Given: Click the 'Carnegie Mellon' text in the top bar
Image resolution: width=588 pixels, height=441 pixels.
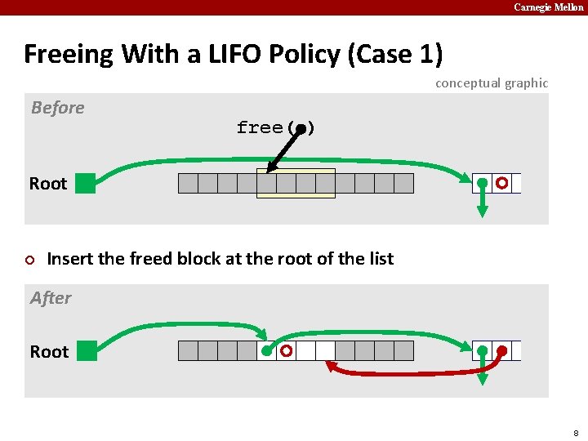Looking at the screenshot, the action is [x=548, y=7].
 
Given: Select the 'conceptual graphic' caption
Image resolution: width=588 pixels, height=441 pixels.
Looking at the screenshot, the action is [x=492, y=83].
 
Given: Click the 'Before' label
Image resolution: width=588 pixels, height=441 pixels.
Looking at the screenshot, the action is [x=57, y=108].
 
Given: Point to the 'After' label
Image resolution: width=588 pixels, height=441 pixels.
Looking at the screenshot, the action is [x=51, y=298].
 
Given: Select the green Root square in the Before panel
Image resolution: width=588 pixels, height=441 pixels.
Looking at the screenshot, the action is [x=85, y=183].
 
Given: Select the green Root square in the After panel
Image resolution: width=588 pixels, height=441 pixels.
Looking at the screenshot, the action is [x=85, y=352].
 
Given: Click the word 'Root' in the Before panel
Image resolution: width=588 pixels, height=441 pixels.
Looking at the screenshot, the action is [x=48, y=184].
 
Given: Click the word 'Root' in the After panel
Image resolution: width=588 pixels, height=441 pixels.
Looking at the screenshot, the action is [x=49, y=352].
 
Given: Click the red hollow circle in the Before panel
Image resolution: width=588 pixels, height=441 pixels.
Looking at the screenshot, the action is [x=502, y=182].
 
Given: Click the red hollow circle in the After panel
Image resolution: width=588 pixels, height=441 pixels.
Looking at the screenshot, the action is [x=287, y=351].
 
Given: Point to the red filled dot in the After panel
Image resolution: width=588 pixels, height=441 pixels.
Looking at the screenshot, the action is [x=502, y=352].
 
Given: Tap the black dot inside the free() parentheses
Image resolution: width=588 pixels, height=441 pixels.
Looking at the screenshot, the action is [x=301, y=128].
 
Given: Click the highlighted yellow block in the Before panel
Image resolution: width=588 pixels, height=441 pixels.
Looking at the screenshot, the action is [x=296, y=184].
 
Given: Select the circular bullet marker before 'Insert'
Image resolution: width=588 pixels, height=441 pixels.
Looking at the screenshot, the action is [x=30, y=260].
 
